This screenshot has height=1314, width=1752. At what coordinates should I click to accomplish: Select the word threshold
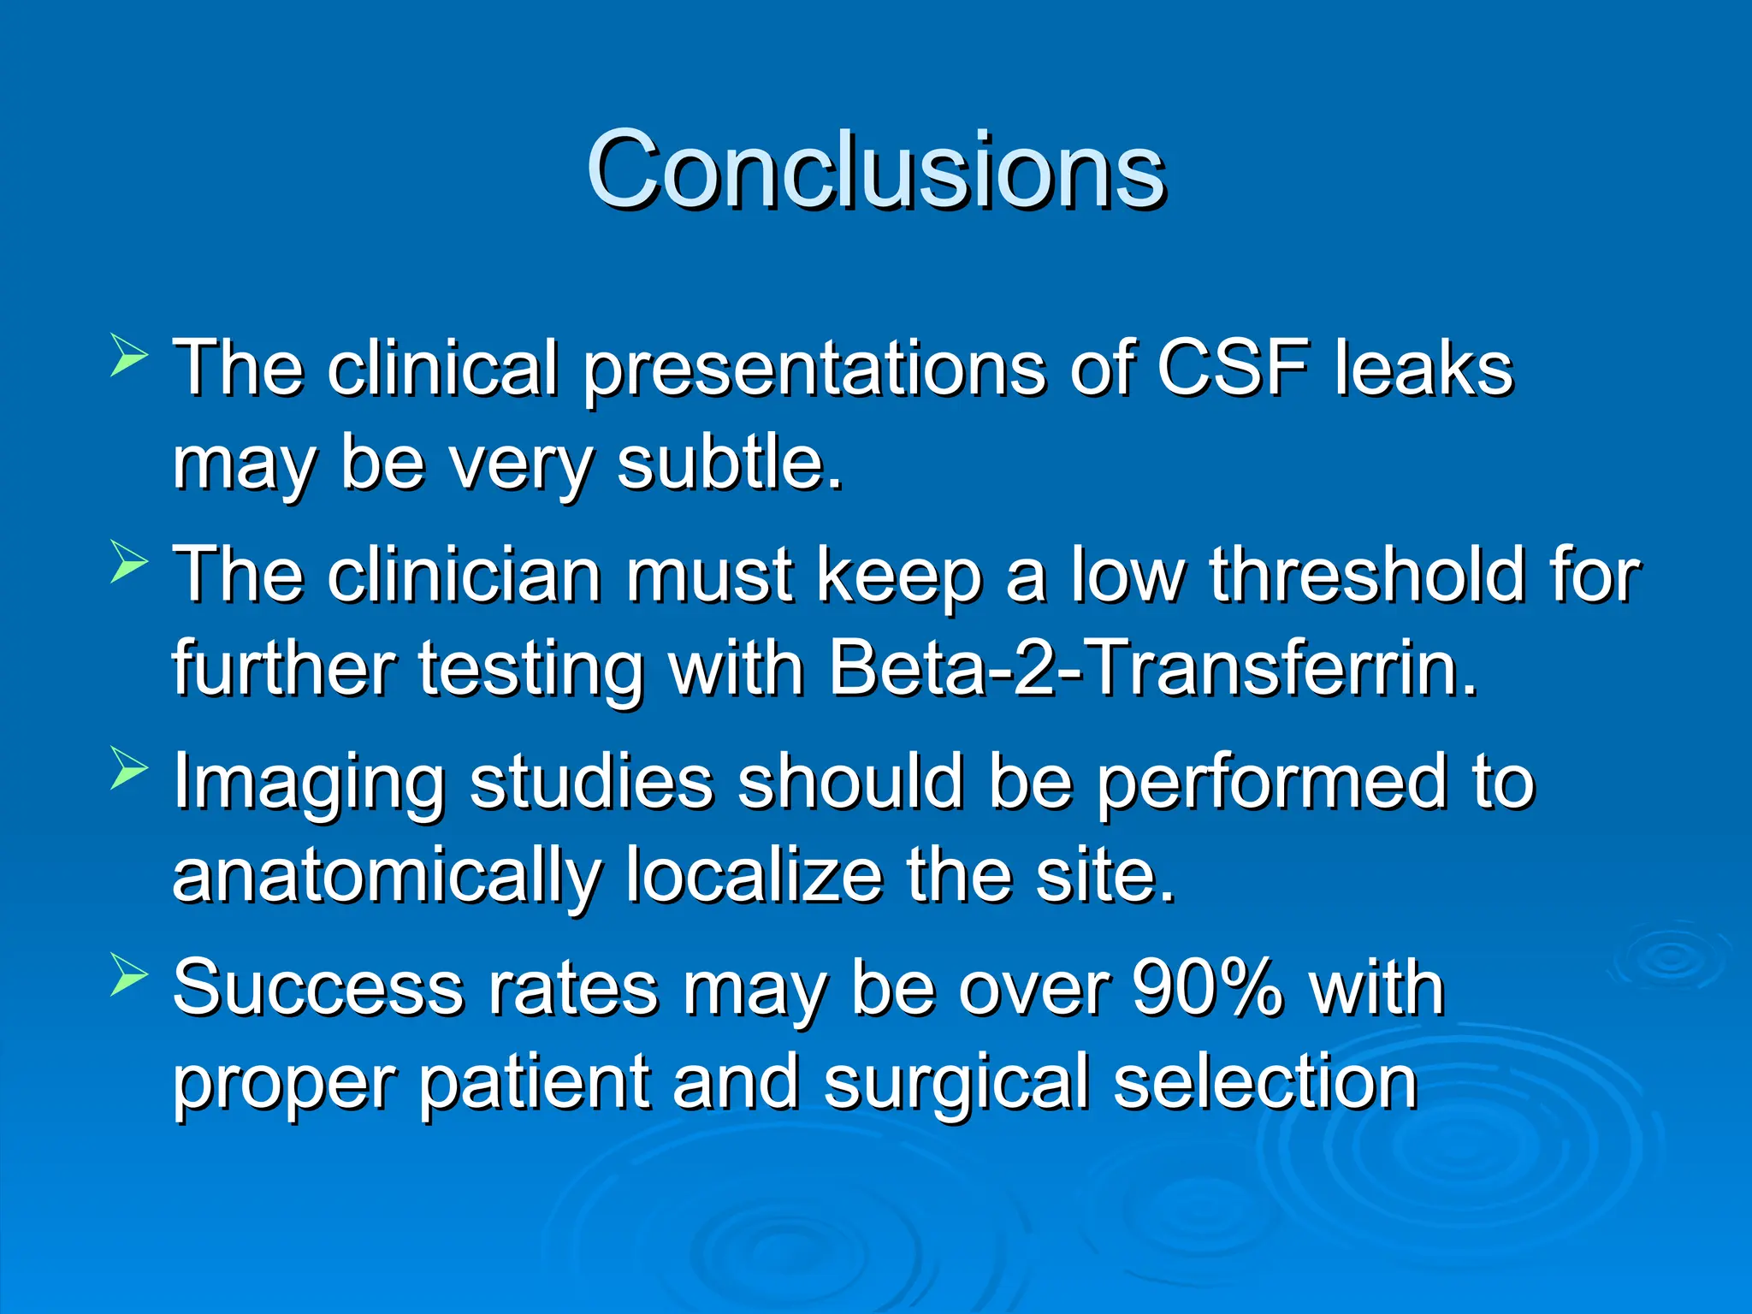point(1366,575)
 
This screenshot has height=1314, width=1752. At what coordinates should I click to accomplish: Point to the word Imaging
point(309,783)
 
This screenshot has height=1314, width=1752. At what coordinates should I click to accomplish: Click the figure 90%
point(1207,988)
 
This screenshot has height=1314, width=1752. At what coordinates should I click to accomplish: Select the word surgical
point(956,1083)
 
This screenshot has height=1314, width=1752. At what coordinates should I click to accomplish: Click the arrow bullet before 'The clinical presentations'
point(129,357)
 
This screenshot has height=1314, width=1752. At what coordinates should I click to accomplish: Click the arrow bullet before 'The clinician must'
point(129,564)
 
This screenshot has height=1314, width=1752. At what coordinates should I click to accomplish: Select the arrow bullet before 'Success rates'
point(129,976)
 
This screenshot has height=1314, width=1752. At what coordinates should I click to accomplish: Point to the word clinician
point(465,575)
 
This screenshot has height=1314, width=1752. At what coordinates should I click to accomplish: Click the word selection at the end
point(1264,1083)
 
